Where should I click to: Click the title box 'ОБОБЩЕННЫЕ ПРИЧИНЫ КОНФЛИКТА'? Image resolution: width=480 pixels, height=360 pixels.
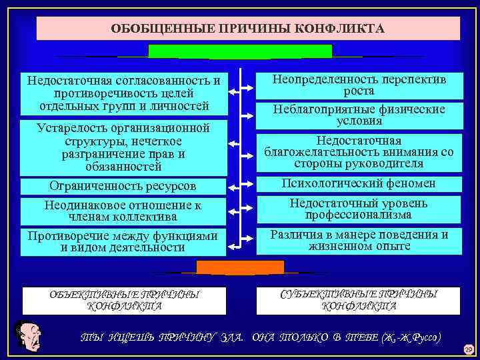click(247, 29)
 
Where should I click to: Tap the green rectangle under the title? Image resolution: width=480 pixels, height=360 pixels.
click(240, 51)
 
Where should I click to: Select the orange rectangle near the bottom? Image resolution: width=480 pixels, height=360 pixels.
click(240, 267)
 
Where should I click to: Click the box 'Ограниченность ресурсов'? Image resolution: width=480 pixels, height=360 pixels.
click(123, 186)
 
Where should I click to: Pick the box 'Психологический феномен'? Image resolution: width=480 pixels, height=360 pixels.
click(359, 183)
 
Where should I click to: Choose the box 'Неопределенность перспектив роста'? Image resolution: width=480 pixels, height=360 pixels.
click(359, 85)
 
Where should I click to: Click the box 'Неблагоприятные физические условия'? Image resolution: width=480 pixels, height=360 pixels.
click(359, 115)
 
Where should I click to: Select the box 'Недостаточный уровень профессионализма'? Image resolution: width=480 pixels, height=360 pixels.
click(359, 209)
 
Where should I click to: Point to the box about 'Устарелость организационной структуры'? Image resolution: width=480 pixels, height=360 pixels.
click(123, 147)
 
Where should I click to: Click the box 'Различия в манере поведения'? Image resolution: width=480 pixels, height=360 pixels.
click(359, 241)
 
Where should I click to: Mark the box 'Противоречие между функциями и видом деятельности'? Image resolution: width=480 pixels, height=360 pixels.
click(123, 241)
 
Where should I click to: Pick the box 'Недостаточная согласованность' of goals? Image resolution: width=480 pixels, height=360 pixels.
click(123, 93)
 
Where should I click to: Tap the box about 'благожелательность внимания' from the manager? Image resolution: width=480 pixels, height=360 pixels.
click(359, 152)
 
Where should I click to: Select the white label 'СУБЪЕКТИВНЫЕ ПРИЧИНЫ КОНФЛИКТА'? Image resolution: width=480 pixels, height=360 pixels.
click(359, 300)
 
